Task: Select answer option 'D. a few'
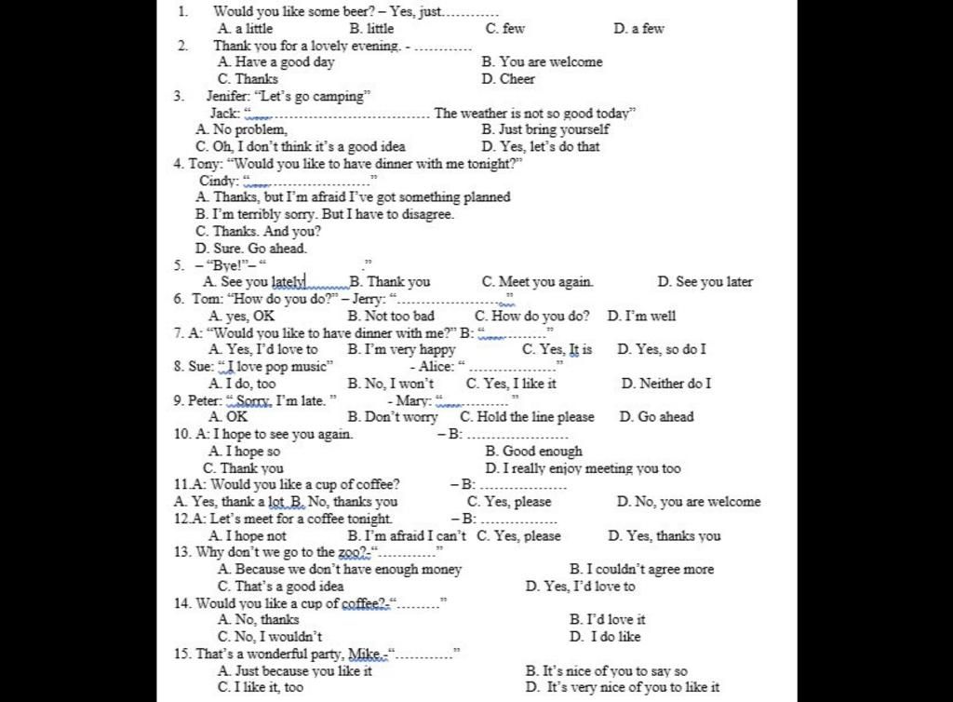click(x=638, y=29)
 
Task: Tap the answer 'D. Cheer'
click(x=508, y=79)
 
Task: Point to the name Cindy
click(x=218, y=181)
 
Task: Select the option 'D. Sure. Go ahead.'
click(x=250, y=249)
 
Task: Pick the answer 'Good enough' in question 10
click(x=542, y=452)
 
